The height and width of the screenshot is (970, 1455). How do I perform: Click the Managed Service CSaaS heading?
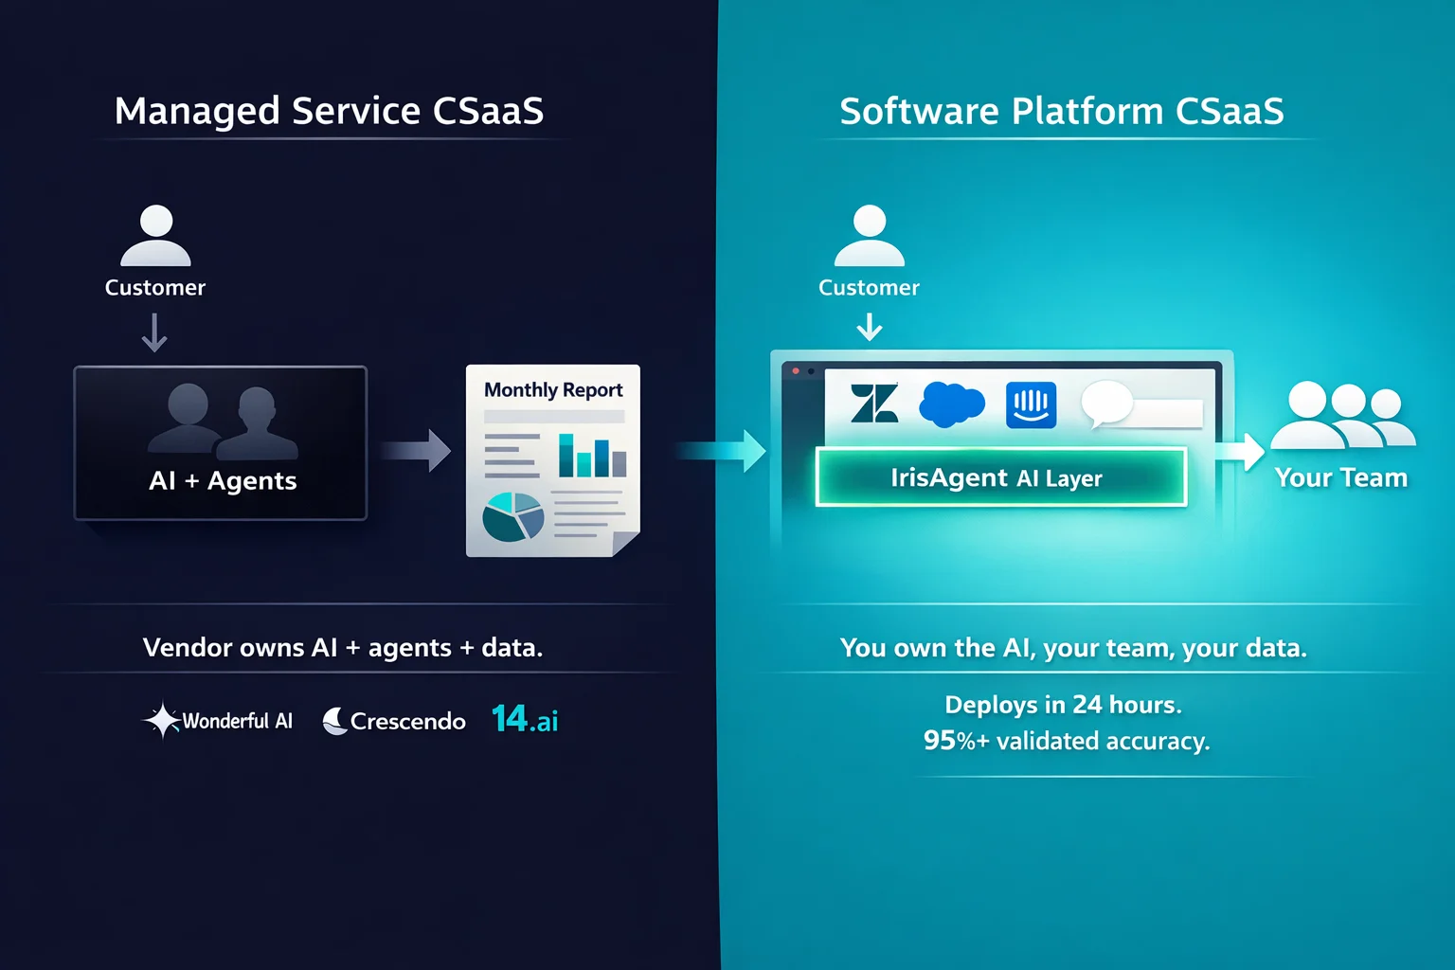point(329,111)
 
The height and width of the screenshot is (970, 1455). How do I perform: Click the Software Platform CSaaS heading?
point(1061,111)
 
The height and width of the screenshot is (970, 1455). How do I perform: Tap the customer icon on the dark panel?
point(156,235)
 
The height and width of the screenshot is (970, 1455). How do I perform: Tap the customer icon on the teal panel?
point(869,235)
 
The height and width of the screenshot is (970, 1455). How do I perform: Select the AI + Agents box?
point(221,443)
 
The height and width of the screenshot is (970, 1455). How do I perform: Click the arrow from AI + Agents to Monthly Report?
point(416,450)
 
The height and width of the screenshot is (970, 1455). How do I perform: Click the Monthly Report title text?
point(553,390)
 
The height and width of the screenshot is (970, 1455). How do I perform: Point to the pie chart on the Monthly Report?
point(513,517)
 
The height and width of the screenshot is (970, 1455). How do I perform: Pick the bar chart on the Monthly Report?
point(592,456)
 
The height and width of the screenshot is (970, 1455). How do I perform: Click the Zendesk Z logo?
point(874,403)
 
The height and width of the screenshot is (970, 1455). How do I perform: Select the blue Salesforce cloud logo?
point(952,404)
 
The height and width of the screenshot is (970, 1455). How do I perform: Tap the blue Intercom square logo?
point(1031,404)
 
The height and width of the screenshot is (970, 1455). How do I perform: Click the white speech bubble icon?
point(1107,404)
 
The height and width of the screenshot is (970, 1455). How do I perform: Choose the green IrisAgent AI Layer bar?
point(1001,476)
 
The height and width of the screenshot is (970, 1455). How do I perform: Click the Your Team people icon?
point(1343,415)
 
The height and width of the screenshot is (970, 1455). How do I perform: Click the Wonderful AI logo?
point(218,721)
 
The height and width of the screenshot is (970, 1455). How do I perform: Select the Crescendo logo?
point(394,721)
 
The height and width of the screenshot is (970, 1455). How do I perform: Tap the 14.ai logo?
point(525,719)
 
